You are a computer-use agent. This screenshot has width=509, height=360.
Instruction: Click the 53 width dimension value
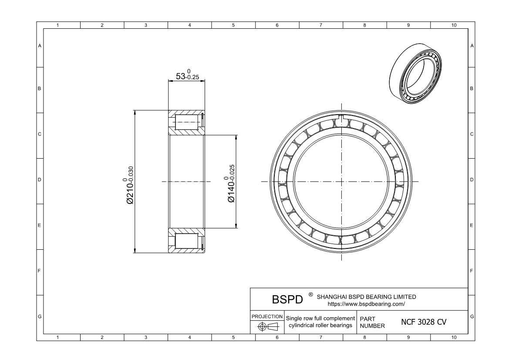click(x=187, y=75)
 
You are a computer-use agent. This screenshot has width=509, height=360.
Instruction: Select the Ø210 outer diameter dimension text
click(x=129, y=185)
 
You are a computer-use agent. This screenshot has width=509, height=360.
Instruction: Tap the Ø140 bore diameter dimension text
click(x=230, y=183)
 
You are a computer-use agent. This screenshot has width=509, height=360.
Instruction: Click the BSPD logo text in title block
click(x=287, y=299)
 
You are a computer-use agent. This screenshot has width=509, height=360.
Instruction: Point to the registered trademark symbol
click(x=310, y=294)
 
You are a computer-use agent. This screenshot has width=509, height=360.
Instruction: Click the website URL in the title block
click(x=366, y=304)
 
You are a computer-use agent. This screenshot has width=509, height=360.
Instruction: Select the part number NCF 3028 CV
click(x=424, y=322)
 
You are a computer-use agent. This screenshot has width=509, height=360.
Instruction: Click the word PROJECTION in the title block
click(x=267, y=316)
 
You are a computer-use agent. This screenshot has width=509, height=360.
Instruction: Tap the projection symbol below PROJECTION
click(x=267, y=326)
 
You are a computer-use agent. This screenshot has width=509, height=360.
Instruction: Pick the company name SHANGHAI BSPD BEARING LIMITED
click(x=366, y=297)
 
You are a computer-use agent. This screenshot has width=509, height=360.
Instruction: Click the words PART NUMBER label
click(x=372, y=323)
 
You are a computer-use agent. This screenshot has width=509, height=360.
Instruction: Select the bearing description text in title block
click(x=320, y=322)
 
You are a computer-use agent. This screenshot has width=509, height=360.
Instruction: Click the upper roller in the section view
click(x=187, y=122)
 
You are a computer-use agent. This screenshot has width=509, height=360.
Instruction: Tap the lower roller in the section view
click(x=187, y=241)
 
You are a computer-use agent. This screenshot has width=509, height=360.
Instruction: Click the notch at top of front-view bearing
click(x=341, y=118)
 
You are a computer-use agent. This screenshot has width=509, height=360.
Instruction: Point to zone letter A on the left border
click(x=40, y=46)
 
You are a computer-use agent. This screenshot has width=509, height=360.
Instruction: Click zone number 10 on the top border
click(x=454, y=25)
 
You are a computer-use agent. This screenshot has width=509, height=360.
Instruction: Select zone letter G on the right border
click(x=472, y=316)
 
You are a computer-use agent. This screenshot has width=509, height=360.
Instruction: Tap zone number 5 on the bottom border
click(x=233, y=338)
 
